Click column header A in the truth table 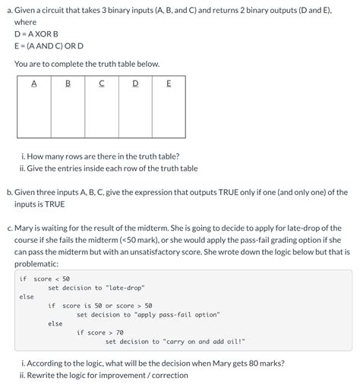tap(34, 84)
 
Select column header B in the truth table tap(68, 84)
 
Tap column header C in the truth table tap(101, 84)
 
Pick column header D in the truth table tap(135, 84)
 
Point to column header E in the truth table tap(168, 84)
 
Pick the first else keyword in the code tap(27, 297)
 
